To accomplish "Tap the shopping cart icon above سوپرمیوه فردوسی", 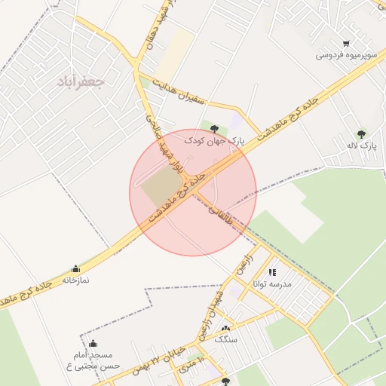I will point(346,43).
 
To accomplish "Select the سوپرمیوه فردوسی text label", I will point(346,56).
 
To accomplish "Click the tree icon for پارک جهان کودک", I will point(215,129).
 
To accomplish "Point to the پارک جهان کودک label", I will point(215,141).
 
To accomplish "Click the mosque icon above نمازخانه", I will point(75,269).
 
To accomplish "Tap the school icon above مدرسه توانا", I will point(272,272).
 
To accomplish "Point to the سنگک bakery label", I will point(225,340).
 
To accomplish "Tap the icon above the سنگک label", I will point(225,329).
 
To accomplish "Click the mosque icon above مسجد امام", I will point(93,344).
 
